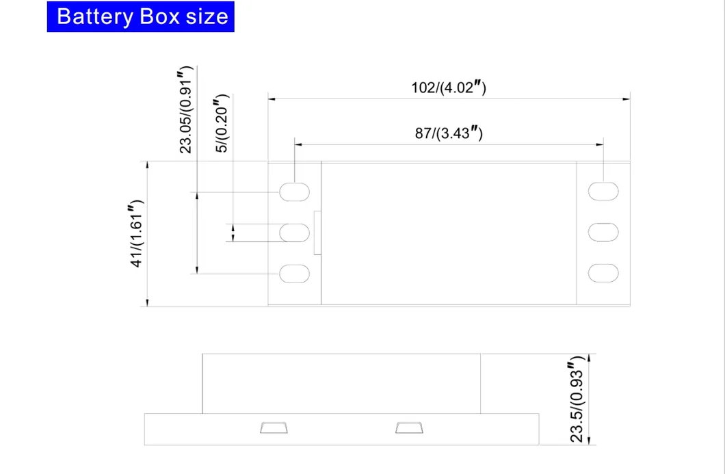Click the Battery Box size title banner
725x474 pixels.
pyautogui.click(x=141, y=16)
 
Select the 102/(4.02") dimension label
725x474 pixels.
pyautogui.click(x=448, y=88)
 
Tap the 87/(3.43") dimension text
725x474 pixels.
pyautogui.click(x=449, y=133)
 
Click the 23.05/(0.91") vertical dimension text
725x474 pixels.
pyautogui.click(x=185, y=110)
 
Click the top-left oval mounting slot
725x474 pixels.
pyautogui.click(x=295, y=192)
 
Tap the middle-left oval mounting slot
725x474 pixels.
pyautogui.click(x=295, y=233)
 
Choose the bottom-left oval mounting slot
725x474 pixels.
pyautogui.click(x=295, y=274)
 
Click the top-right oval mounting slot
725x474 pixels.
pyautogui.click(x=603, y=192)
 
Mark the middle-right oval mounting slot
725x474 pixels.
pyautogui.click(x=603, y=233)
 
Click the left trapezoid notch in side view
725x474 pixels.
pyautogui.click(x=274, y=429)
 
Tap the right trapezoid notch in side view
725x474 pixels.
pyautogui.click(x=409, y=429)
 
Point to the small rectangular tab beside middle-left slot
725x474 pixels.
pyautogui.click(x=317, y=233)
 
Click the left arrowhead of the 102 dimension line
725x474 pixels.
pyautogui.click(x=271, y=99)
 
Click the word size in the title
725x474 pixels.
pyautogui.click(x=204, y=16)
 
